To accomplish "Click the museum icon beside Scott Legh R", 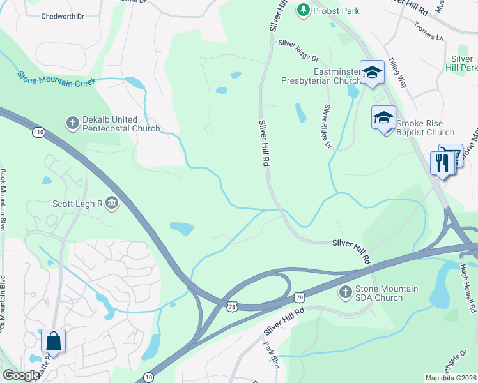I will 112,203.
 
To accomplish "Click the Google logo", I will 20,375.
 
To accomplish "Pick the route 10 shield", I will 148,378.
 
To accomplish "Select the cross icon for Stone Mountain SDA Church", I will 346,292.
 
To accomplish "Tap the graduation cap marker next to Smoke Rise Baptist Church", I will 383,118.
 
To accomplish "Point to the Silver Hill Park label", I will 465,63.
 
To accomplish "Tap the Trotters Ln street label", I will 430,34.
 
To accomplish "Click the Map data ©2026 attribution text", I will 451,378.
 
